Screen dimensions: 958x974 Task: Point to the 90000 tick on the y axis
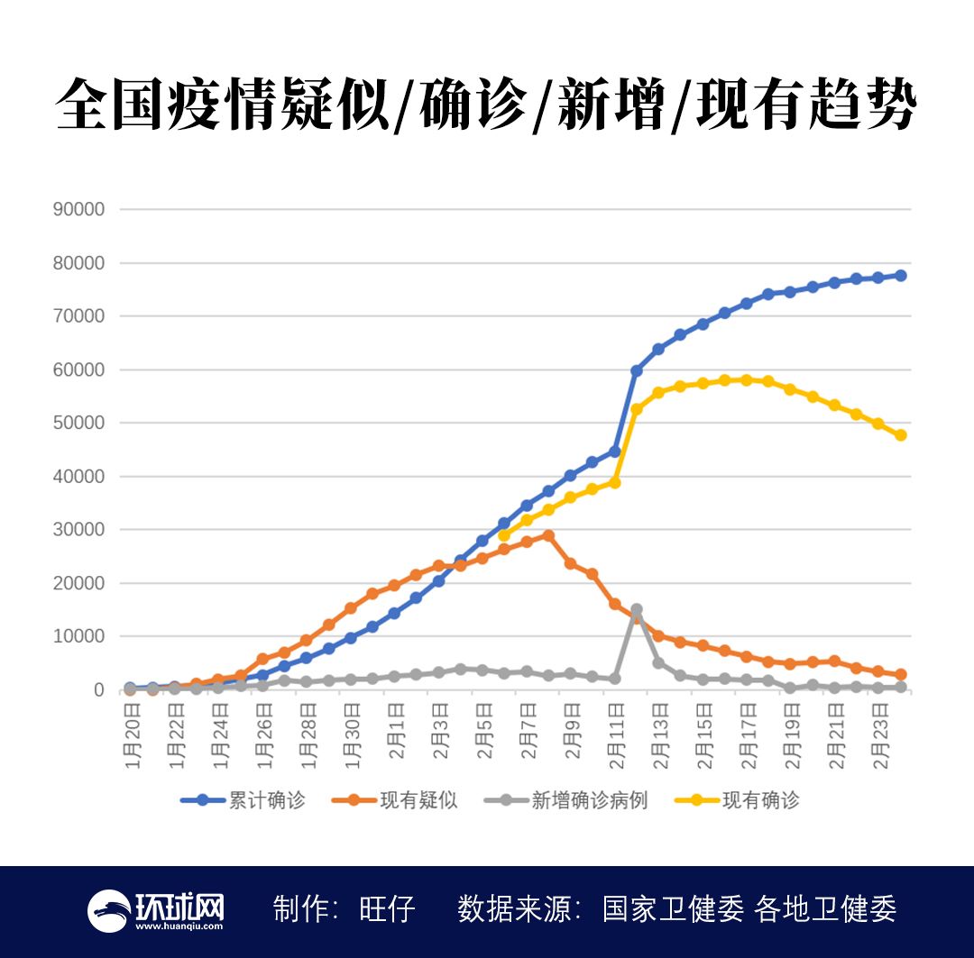click(79, 209)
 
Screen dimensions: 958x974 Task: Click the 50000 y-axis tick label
click(79, 423)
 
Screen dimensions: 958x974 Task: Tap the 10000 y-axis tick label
click(79, 636)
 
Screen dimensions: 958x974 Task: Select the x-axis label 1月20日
click(133, 739)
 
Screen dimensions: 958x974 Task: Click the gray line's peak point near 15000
click(637, 610)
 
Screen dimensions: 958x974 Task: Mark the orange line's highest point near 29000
click(548, 535)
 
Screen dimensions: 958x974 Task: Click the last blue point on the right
click(900, 276)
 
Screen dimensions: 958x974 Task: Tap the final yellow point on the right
click(900, 435)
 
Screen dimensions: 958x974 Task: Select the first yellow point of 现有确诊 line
click(504, 535)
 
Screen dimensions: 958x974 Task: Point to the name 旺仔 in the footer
click(388, 909)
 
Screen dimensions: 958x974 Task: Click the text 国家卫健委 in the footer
click(673, 909)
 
